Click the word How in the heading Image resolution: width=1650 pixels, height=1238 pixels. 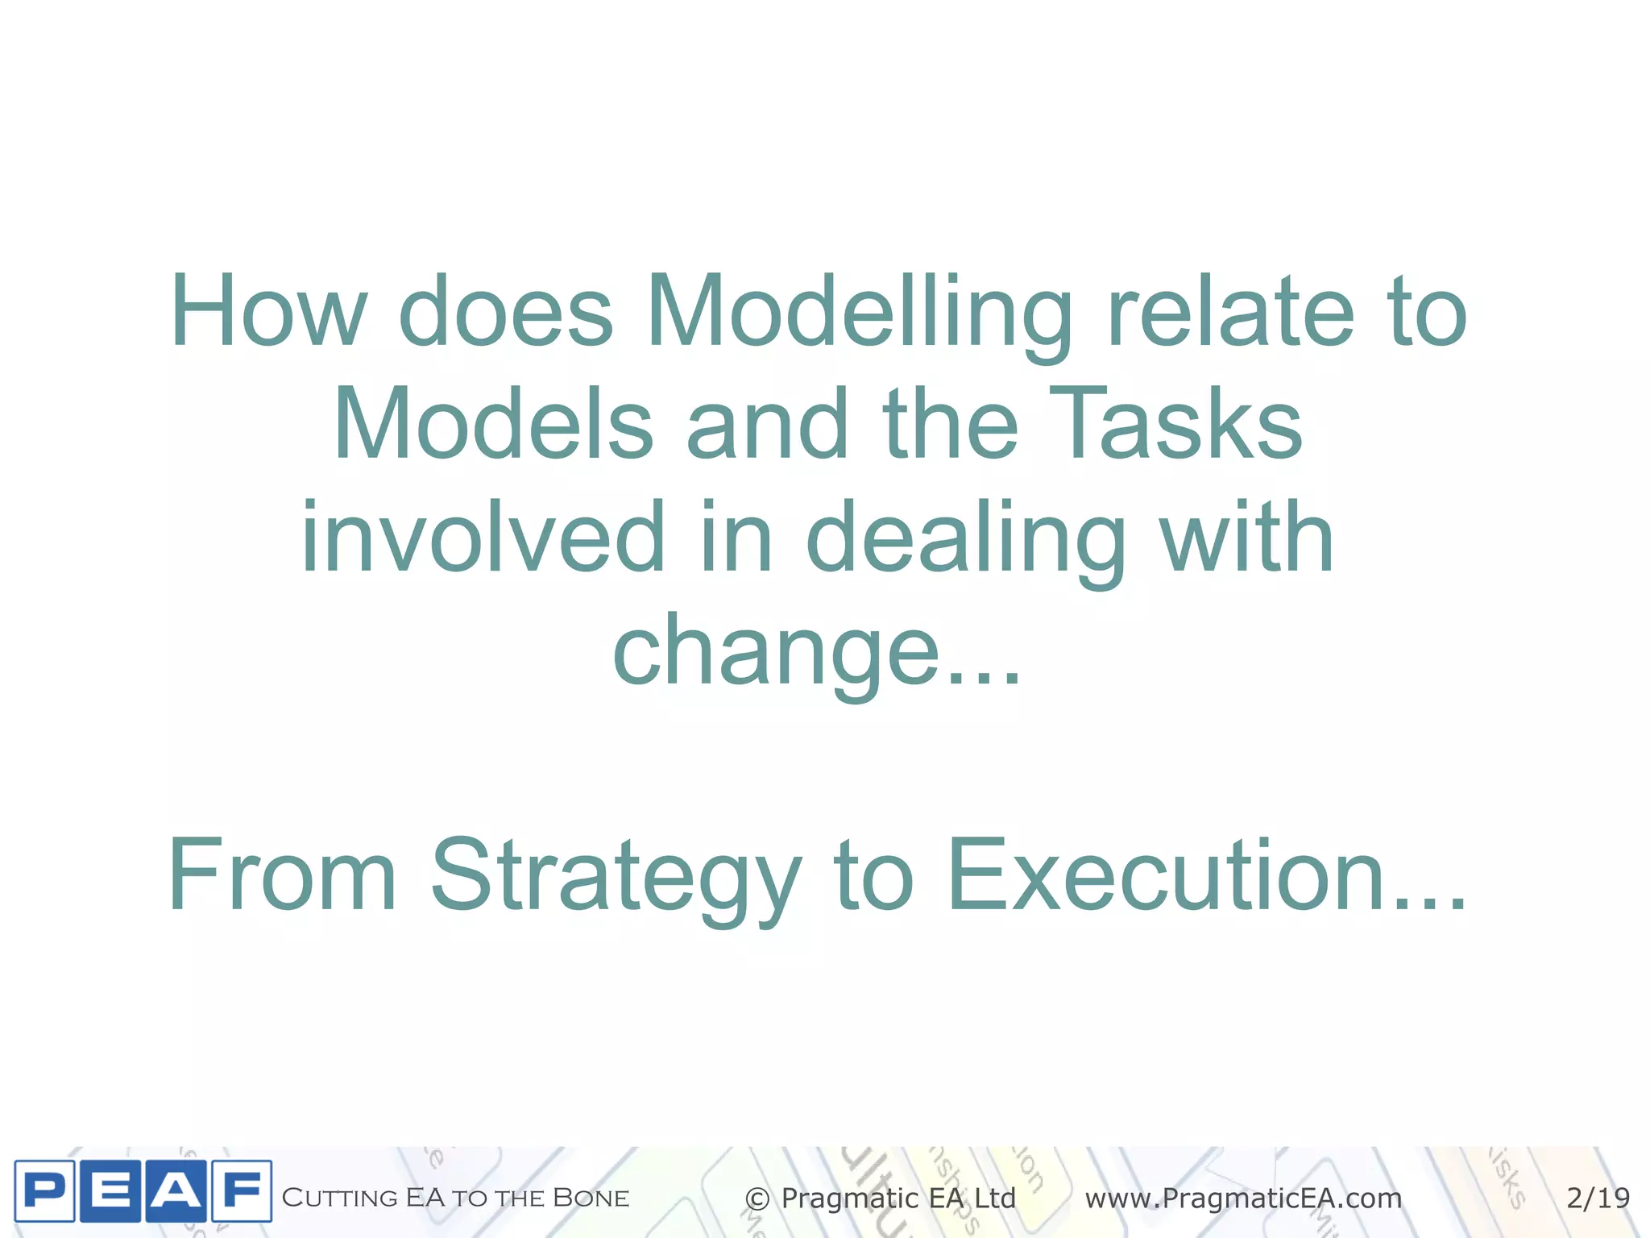pyautogui.click(x=269, y=311)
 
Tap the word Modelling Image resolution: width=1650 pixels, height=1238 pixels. pyautogui.click(x=859, y=314)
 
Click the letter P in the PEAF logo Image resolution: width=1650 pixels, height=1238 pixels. pyautogui.click(x=45, y=1191)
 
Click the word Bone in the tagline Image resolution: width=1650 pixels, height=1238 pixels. pyautogui.click(x=591, y=1198)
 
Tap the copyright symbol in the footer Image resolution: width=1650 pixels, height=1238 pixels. pyautogui.click(x=757, y=1199)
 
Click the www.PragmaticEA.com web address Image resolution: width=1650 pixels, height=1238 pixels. pyautogui.click(x=1243, y=1199)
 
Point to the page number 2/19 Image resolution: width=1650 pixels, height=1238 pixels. pyautogui.click(x=1598, y=1198)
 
